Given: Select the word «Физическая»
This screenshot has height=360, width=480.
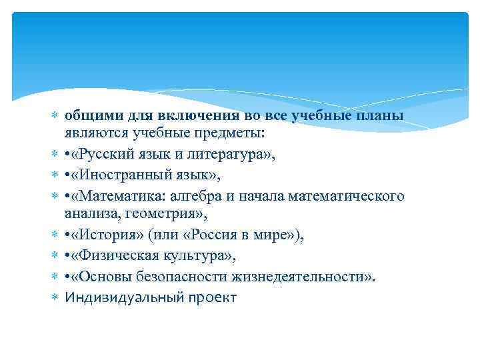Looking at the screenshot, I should (116, 257).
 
